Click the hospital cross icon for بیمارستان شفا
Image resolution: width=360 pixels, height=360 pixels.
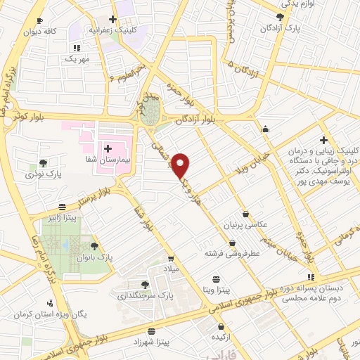108,148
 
